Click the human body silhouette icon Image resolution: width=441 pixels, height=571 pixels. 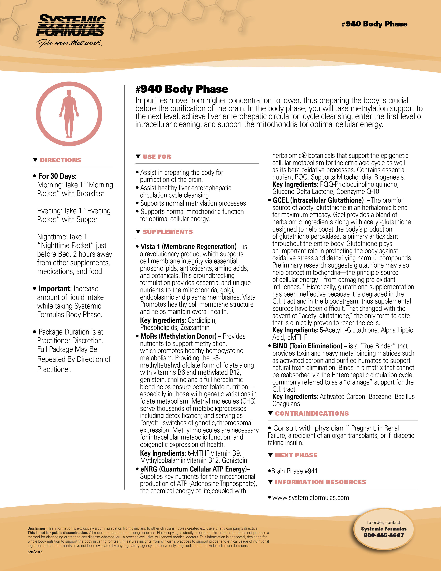pos(69,114)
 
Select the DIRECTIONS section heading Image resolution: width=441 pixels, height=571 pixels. pos(60,160)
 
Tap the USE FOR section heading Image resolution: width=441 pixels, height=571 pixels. pos(157,157)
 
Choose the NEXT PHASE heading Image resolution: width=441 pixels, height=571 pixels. pos(296,455)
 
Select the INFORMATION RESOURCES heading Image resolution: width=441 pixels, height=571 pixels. pos(320,482)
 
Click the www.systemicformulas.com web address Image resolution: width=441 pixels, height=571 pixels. pos(310,497)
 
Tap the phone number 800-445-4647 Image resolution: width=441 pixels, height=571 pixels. pos(384,535)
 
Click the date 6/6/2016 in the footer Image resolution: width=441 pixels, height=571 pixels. pos(35,552)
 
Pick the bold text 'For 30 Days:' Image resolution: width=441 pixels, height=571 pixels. pos(57,176)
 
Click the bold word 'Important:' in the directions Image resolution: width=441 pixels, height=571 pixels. pos(55,289)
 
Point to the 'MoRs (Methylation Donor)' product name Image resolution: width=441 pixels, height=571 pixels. pos(178,336)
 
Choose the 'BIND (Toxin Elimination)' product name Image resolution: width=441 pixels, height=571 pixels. pos(307,346)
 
